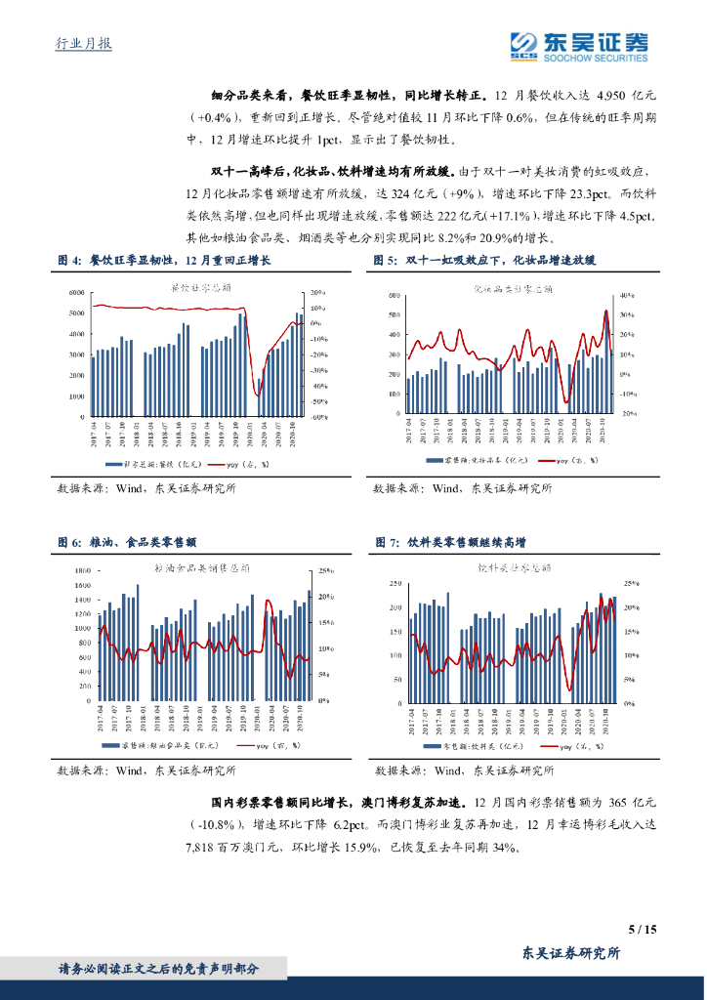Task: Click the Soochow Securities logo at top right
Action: click(579, 46)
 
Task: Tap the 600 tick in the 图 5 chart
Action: click(393, 294)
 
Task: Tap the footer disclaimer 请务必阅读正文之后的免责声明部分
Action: click(159, 968)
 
